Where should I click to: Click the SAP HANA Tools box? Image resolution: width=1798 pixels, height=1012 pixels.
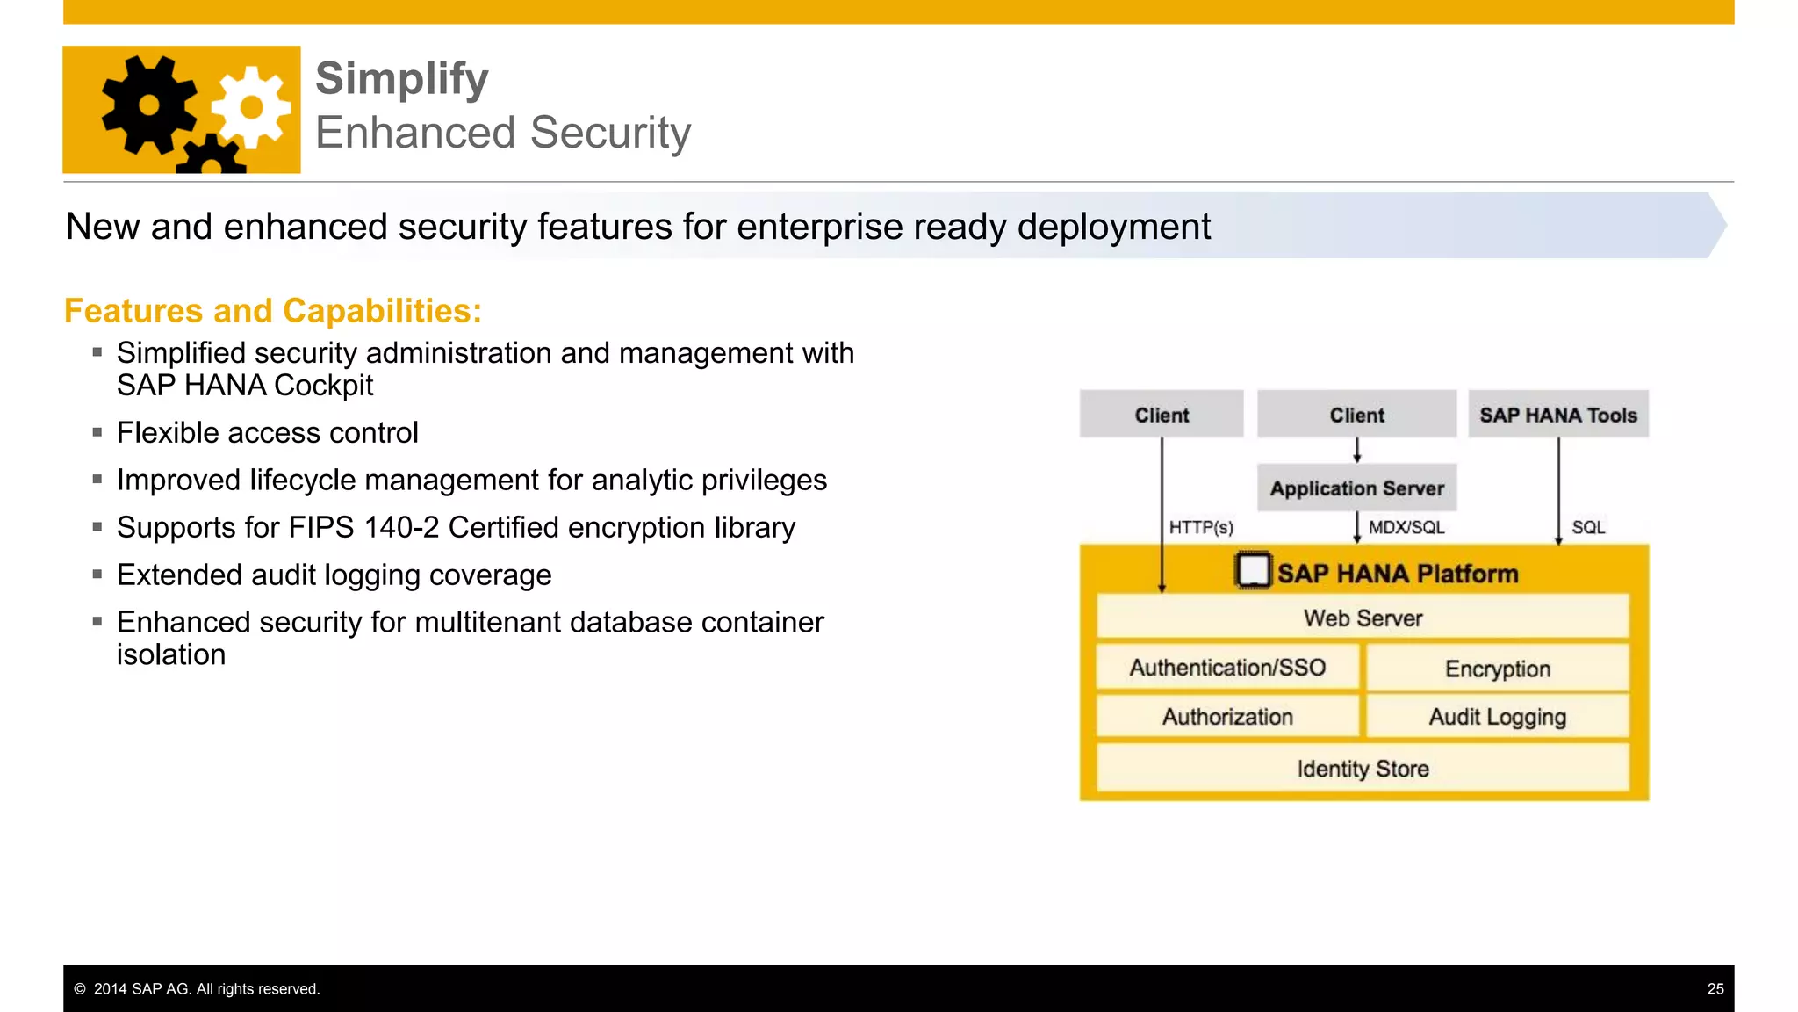pyautogui.click(x=1558, y=415)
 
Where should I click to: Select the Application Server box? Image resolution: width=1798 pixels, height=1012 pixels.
pyautogui.click(x=1356, y=488)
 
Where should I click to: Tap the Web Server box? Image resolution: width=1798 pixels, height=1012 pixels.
pyautogui.click(x=1363, y=618)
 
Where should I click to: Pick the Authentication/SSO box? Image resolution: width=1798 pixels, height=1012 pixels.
pyautogui.click(x=1227, y=668)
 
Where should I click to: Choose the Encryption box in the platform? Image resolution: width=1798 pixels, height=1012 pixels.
pyautogui.click(x=1498, y=669)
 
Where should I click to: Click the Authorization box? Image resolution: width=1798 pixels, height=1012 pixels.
pyautogui.click(x=1227, y=717)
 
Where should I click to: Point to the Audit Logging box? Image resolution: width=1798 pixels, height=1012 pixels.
pyautogui.click(x=1498, y=717)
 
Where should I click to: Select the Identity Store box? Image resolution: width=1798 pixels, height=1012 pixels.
pyautogui.click(x=1363, y=769)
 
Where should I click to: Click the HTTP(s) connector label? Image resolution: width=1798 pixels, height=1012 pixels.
pyautogui.click(x=1201, y=527)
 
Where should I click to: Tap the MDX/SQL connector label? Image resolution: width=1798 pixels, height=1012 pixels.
pyautogui.click(x=1406, y=527)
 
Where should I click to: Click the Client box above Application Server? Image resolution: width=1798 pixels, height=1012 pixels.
pyautogui.click(x=1356, y=415)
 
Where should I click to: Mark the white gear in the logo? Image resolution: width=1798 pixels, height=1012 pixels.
pyautogui.click(x=252, y=107)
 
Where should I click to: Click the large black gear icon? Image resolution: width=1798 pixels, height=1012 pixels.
pyautogui.click(x=149, y=105)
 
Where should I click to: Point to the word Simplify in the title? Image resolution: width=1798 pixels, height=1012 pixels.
pyautogui.click(x=401, y=79)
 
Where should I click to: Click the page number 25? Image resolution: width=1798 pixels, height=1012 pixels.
pyautogui.click(x=1715, y=989)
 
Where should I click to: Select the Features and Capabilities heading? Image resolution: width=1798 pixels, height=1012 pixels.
pyautogui.click(x=273, y=311)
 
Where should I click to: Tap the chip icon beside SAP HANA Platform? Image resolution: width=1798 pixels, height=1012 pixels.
pyautogui.click(x=1253, y=571)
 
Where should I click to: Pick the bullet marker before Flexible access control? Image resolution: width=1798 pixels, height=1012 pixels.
pyautogui.click(x=97, y=432)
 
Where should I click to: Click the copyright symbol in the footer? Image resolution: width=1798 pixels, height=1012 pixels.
pyautogui.click(x=80, y=989)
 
